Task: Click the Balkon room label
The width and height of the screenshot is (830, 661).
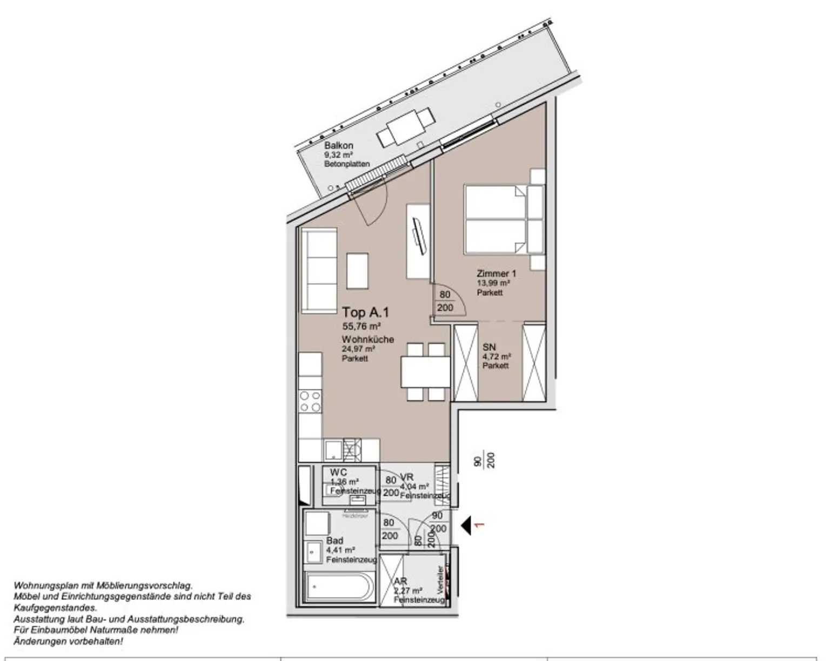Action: [x=339, y=145]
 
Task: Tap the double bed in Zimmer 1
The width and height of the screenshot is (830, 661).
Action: [x=496, y=219]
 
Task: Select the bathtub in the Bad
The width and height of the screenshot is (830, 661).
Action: [x=338, y=587]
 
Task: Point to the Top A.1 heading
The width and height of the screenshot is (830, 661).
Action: [x=365, y=312]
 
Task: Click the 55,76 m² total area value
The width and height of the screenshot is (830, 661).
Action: [x=362, y=326]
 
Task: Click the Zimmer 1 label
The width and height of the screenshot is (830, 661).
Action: [x=496, y=274]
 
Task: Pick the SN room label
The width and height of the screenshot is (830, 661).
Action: [x=489, y=347]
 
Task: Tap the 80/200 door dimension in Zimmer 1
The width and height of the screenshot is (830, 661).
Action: [x=445, y=301]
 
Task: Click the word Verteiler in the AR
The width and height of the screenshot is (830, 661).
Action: [x=441, y=580]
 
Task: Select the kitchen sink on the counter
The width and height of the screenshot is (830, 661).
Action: [x=334, y=450]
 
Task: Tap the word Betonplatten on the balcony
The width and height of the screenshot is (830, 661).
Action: [x=347, y=164]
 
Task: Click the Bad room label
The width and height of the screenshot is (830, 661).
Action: [x=334, y=541]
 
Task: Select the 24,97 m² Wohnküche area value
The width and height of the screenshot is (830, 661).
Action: [x=358, y=349]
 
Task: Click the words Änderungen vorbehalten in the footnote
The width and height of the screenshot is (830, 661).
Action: [x=68, y=642]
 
